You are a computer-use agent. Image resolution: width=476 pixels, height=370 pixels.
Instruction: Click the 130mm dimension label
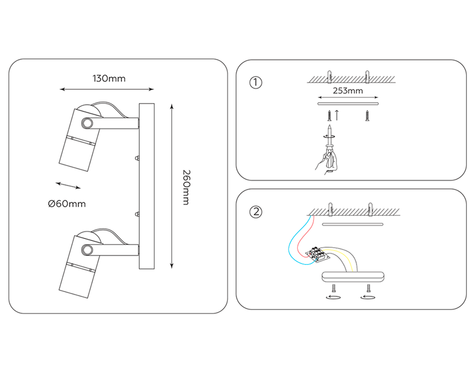coord(109,78)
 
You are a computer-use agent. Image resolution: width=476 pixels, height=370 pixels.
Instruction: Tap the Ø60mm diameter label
coord(67,204)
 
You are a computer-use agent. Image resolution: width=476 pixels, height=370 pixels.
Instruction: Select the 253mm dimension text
coord(348,91)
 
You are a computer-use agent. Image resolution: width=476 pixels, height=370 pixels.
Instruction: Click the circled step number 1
coord(256,82)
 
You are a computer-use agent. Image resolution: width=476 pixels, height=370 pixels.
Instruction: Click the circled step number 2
coord(256,212)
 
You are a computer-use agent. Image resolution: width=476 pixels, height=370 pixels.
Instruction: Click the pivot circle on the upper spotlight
coord(88,123)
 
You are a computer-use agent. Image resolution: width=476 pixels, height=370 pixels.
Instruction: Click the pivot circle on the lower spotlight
coord(88,250)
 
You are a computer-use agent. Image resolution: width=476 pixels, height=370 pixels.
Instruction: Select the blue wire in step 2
coord(299,243)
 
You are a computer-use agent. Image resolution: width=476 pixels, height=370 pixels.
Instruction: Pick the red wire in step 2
coord(305,236)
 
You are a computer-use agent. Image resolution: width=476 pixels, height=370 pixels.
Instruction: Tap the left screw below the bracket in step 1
coord(329,116)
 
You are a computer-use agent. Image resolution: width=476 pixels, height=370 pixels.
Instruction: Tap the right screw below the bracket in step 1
coord(367,116)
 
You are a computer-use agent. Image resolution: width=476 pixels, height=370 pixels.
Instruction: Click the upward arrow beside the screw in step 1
coord(337,115)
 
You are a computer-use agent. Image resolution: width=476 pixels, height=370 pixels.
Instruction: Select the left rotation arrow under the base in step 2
coord(333,297)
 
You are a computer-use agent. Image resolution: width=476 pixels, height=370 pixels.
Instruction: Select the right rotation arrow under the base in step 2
coord(367,297)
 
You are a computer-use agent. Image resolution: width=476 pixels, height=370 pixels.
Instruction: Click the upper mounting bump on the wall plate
coord(137,158)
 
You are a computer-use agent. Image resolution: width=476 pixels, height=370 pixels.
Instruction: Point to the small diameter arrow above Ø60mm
coord(68,185)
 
